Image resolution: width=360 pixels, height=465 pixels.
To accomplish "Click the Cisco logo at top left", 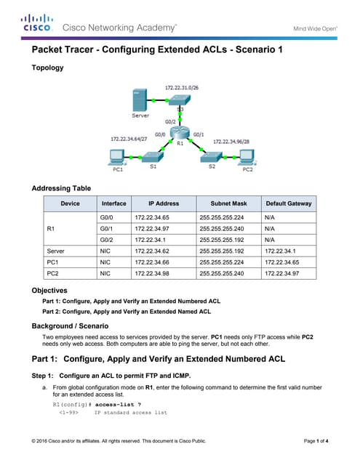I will click(36, 23).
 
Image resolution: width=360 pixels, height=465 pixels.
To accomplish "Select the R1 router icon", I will click(180, 133).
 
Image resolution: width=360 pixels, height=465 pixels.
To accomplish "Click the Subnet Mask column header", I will click(228, 203).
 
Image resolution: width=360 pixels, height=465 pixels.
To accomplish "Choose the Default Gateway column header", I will click(289, 203).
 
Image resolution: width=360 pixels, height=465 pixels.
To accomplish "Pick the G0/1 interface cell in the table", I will click(106, 228).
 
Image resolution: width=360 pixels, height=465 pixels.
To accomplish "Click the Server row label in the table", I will click(55, 250).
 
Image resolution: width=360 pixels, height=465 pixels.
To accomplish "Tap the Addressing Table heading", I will click(61, 188).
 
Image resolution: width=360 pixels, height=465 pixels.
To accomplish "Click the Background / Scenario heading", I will click(70, 325).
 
